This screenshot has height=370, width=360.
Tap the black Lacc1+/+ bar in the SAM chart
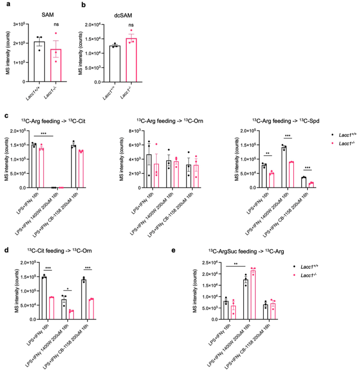pyautogui.click(x=39, y=62)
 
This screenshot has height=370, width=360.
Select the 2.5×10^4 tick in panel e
pyautogui.click(x=213, y=263)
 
